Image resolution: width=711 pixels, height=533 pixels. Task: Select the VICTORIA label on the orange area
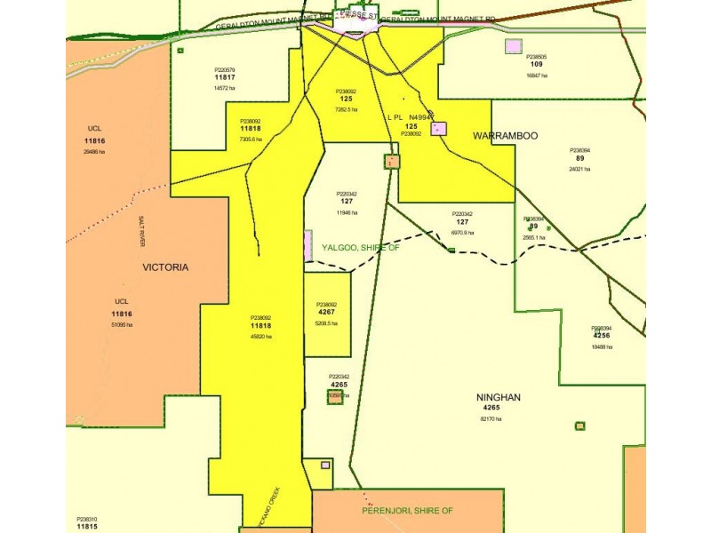166,266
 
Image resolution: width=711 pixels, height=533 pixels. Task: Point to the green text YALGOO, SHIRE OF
360,248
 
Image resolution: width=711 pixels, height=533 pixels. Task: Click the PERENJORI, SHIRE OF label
407,511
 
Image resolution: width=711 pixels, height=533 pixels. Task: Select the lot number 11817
224,77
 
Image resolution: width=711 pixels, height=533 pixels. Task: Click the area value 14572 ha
224,88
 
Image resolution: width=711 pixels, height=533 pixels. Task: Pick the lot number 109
536,65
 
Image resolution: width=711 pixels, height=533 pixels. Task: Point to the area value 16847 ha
536,76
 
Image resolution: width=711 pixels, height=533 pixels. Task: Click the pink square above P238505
513,46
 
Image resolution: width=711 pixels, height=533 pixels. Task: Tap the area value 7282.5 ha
346,109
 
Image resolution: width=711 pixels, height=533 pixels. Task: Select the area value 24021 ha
579,169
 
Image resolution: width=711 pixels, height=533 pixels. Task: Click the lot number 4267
326,313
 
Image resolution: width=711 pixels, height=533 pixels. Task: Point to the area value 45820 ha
260,337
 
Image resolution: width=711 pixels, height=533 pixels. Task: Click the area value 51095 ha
121,325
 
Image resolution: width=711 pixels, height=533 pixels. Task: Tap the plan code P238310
87,519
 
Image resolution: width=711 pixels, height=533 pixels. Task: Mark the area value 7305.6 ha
251,139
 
